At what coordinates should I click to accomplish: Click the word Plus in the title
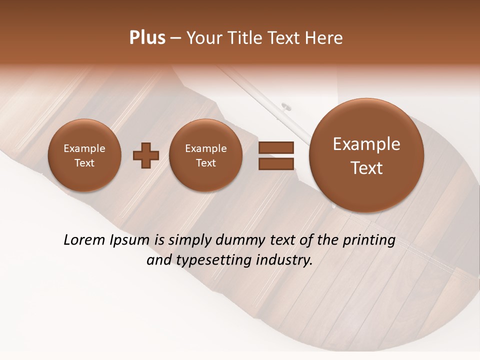pyautogui.click(x=147, y=38)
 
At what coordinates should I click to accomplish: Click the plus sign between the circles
pyautogui.click(x=146, y=156)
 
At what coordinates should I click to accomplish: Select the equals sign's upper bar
pyautogui.click(x=275, y=148)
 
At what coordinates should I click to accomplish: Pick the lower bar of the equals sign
pyautogui.click(x=275, y=163)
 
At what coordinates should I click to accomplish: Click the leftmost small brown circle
pyautogui.click(x=84, y=155)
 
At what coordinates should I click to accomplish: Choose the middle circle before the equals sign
pyautogui.click(x=205, y=155)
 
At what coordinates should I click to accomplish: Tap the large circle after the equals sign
pyautogui.click(x=366, y=155)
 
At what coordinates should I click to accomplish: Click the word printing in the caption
pyautogui.click(x=368, y=240)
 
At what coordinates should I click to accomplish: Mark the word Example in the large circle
pyautogui.click(x=366, y=144)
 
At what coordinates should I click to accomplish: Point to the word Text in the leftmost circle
pyautogui.click(x=84, y=163)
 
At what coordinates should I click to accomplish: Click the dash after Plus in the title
pyautogui.click(x=175, y=38)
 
